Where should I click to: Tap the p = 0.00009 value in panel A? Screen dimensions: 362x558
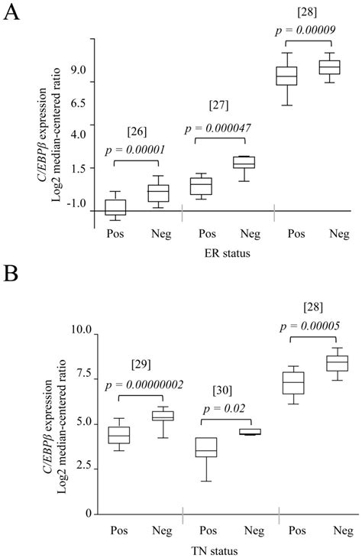click(305, 31)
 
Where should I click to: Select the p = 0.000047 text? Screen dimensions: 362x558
click(218, 128)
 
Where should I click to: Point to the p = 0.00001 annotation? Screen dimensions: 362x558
click(135, 150)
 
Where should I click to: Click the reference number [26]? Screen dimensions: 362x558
click(137, 131)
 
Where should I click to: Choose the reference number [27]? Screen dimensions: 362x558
click(218, 105)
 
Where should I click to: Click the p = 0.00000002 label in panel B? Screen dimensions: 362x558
click(144, 385)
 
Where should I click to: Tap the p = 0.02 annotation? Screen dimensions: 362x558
click(225, 408)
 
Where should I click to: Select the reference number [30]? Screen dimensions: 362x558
click(222, 391)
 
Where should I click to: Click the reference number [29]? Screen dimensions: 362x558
click(141, 365)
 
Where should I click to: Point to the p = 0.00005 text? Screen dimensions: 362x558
click(310, 326)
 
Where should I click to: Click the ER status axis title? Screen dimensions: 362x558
click(228, 253)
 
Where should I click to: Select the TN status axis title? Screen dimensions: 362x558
click(215, 552)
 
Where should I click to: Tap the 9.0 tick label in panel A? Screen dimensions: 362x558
click(78, 70)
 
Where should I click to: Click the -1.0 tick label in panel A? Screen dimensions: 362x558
click(77, 204)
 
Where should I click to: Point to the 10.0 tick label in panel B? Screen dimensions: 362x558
click(82, 330)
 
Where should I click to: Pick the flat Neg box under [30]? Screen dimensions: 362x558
click(250, 432)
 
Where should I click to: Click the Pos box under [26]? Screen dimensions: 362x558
click(115, 207)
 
